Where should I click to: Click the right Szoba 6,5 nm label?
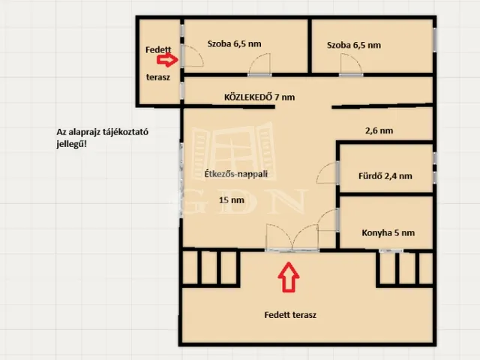[x=353, y=44]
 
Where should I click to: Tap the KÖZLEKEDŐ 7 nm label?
[x=259, y=97]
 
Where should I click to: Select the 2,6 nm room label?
[x=379, y=130]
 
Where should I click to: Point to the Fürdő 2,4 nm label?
[x=387, y=176]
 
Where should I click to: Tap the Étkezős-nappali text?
[x=236, y=174]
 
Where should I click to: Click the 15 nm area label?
[x=231, y=200]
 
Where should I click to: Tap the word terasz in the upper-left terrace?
[x=157, y=76]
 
